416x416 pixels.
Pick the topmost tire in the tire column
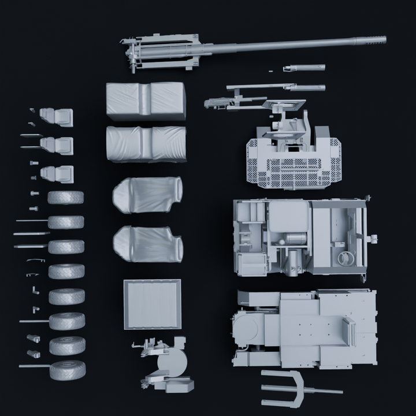65,198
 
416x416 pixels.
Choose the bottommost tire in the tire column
67,370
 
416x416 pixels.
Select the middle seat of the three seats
58,146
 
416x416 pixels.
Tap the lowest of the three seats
58,174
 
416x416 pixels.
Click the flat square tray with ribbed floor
153,304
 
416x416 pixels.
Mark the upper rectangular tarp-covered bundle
146,101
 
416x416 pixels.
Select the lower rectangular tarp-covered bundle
146,144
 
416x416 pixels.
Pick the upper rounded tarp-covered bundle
148,195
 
